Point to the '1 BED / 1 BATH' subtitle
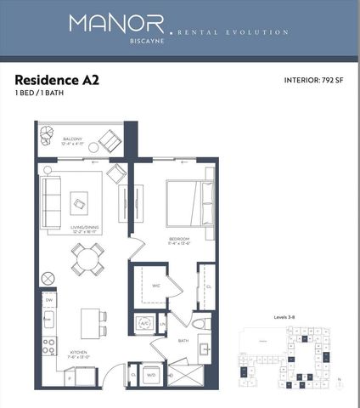(39, 93)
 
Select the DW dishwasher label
(49, 301)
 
